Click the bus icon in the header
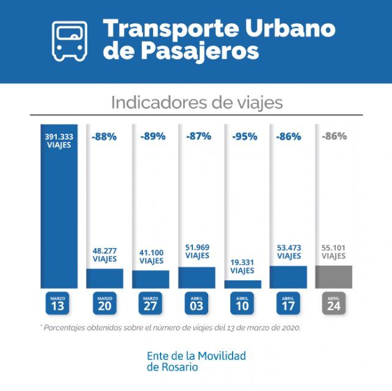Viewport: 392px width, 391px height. [70, 40]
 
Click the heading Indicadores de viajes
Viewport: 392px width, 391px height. [197, 102]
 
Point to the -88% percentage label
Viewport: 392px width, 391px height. [104, 137]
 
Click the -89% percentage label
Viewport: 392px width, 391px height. [151, 137]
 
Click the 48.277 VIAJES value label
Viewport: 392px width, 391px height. [104, 255]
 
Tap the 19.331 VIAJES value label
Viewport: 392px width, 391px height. [242, 266]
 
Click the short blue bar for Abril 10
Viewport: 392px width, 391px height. [242, 284]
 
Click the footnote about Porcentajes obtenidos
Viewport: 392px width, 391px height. [172, 327]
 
